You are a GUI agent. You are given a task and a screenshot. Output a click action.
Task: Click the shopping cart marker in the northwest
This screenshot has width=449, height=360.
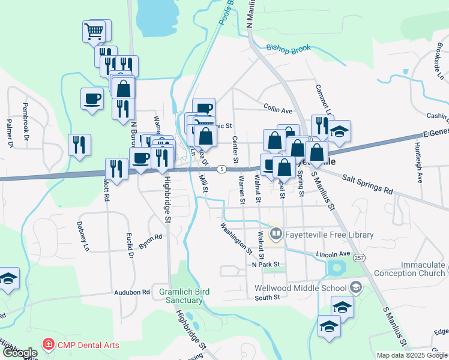click(x=95, y=31)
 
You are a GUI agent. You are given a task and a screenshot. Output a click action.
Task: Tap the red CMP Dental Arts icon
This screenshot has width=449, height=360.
click(x=47, y=345)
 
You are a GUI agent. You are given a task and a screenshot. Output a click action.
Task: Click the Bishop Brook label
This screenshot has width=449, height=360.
click(x=288, y=47)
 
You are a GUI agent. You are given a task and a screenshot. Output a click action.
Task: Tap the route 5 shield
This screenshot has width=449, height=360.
click(x=222, y=169)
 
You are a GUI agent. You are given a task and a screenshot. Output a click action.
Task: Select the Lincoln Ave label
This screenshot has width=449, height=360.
click(x=333, y=254)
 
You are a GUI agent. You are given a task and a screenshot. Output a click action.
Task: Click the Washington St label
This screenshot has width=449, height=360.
click(x=236, y=238)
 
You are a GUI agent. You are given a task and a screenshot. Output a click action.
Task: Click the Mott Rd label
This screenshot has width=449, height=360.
click(x=107, y=190)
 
